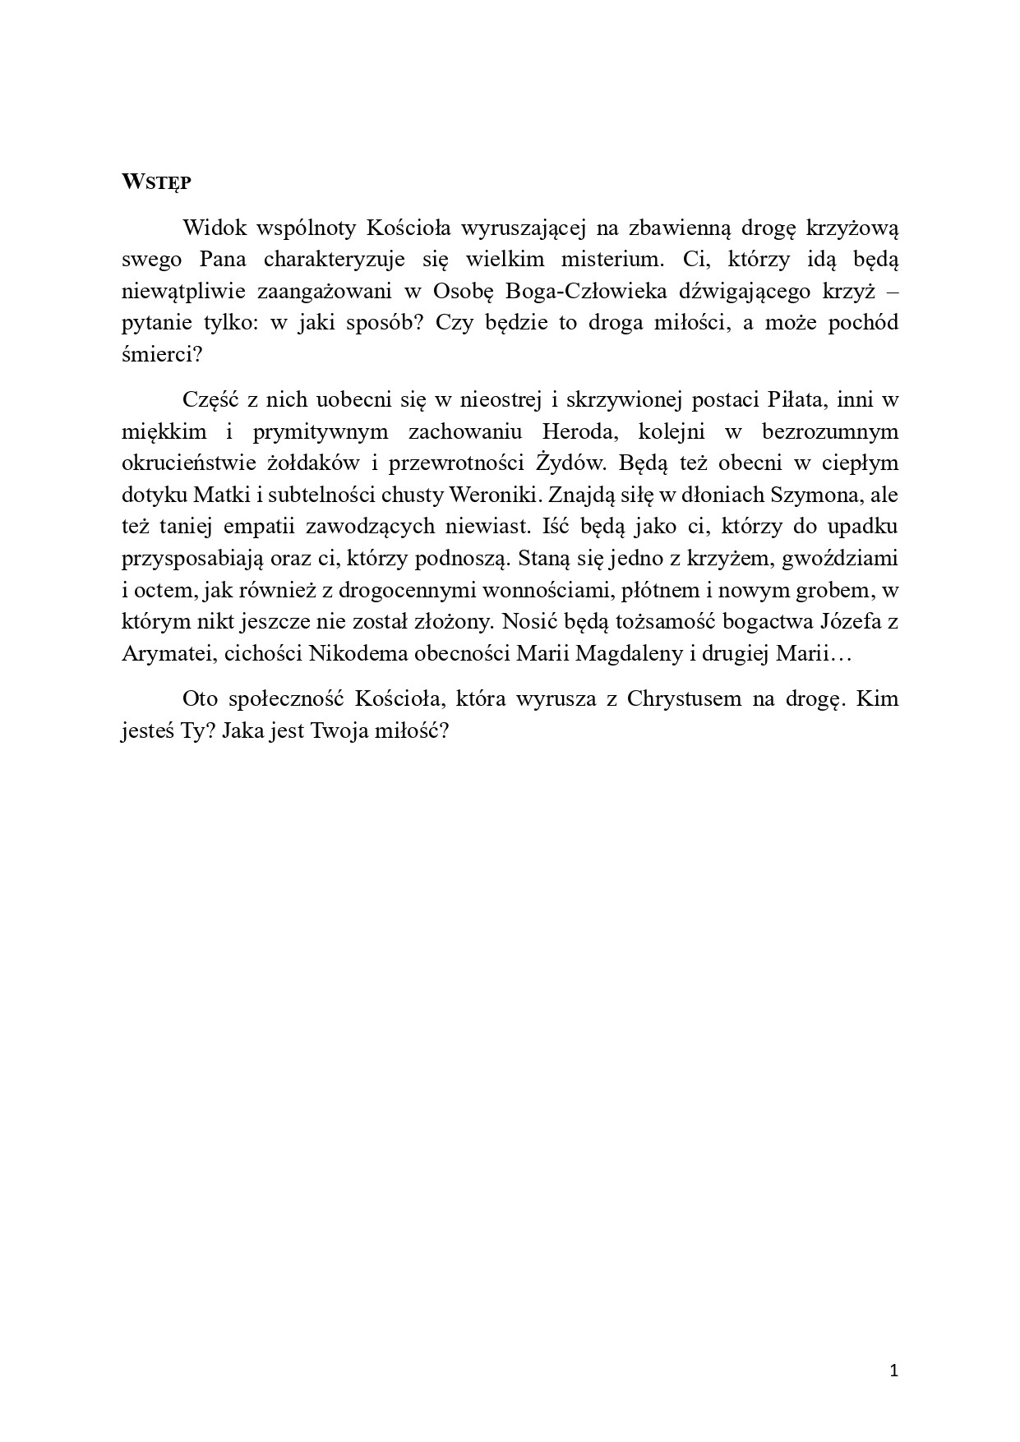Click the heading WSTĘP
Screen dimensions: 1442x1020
pos(155,182)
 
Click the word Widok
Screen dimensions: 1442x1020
pos(211,228)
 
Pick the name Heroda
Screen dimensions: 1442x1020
pos(579,431)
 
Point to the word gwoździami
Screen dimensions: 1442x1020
pos(840,558)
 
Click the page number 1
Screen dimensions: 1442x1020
pos(895,1371)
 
